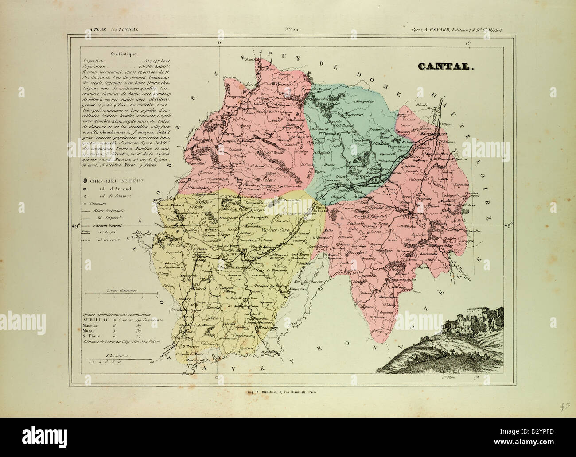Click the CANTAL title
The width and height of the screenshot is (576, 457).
446,67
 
